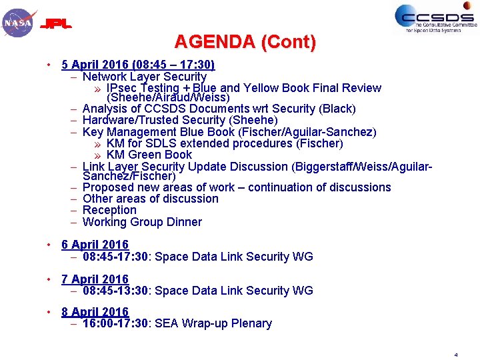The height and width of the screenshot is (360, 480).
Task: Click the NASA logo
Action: [x=18, y=23]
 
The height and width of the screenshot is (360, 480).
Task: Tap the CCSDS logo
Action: [x=434, y=18]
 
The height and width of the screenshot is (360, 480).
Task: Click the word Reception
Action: [x=109, y=210]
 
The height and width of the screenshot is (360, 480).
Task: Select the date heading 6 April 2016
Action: [x=95, y=245]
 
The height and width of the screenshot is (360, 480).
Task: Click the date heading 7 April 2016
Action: [x=95, y=279]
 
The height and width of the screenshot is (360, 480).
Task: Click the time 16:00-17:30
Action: [x=116, y=323]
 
